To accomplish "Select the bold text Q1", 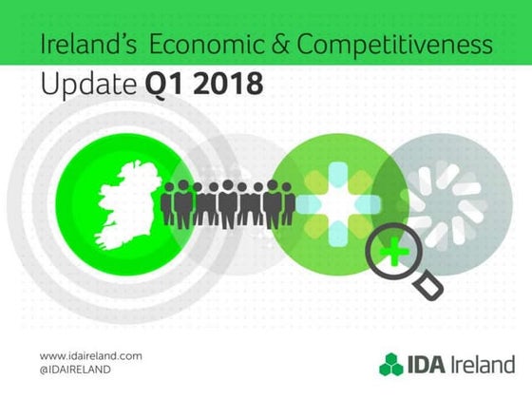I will coord(163,85).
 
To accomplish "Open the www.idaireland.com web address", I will coord(91,354).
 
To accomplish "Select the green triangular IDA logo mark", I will coord(391,364).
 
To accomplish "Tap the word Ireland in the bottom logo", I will coord(485,364).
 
